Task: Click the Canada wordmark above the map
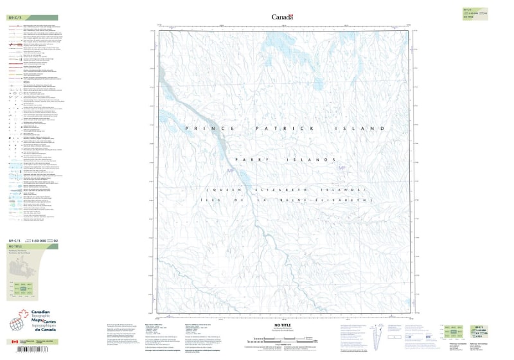click(x=282, y=17)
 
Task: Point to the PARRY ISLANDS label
click(x=285, y=159)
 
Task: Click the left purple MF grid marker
click(x=232, y=170)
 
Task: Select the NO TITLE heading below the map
click(x=283, y=326)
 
